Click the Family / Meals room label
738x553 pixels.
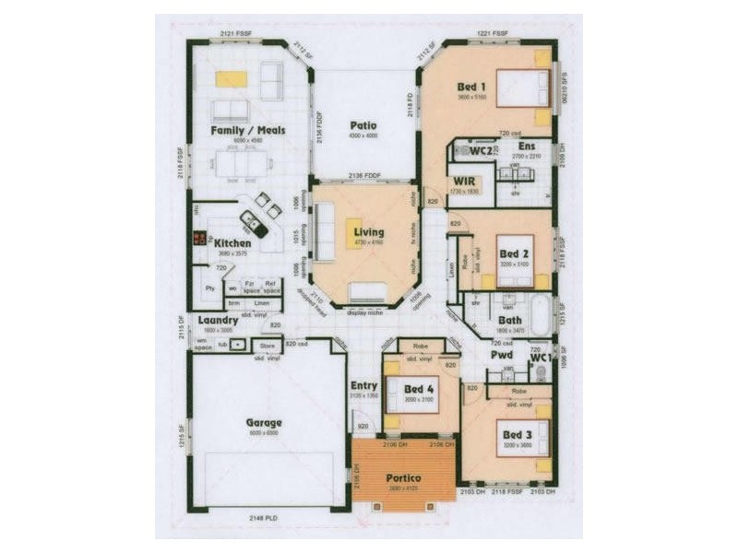[247, 131]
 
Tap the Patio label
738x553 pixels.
[360, 125]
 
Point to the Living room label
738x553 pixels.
[368, 232]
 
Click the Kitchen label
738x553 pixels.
[232, 243]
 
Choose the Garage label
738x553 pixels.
[263, 423]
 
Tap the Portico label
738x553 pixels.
[403, 478]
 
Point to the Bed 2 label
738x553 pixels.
[513, 253]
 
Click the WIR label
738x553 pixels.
[462, 181]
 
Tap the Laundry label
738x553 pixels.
[219, 320]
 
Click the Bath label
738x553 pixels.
[509, 321]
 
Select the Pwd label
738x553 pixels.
[502, 354]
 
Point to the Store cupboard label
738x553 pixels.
[268, 346]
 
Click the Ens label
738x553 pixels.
[526, 147]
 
